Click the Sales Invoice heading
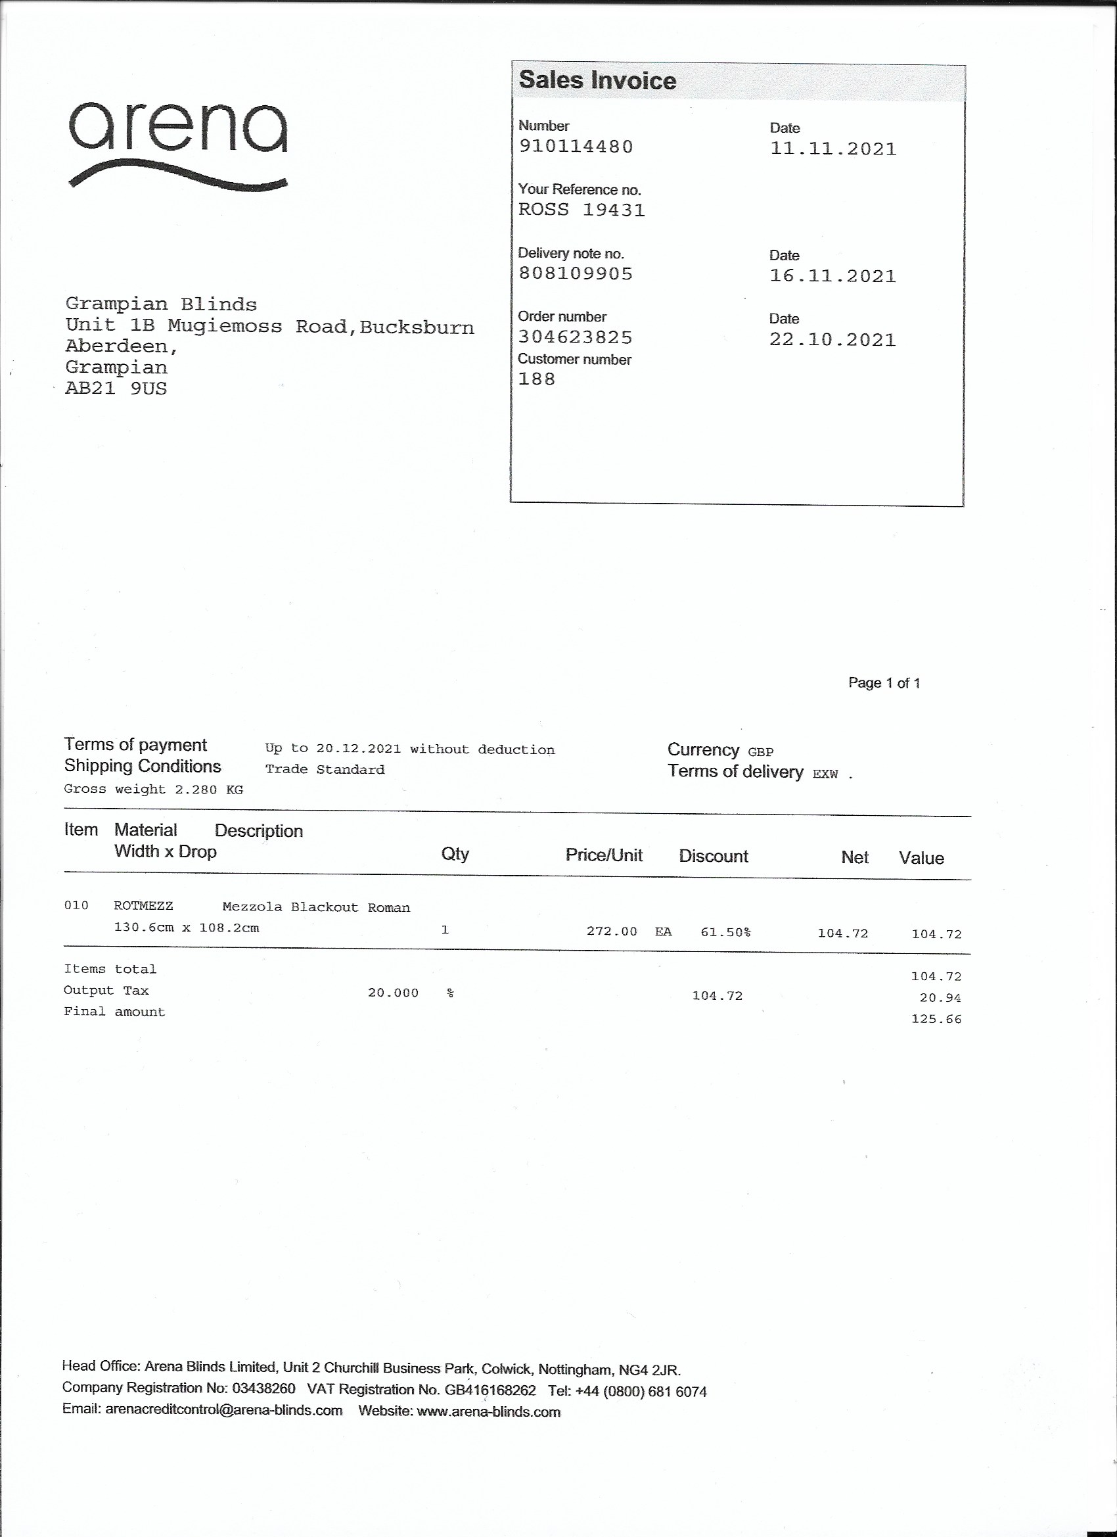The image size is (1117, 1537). [x=597, y=81]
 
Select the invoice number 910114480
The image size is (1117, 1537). [x=576, y=147]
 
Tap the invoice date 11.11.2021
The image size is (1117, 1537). [x=832, y=149]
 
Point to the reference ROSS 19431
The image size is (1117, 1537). [x=581, y=210]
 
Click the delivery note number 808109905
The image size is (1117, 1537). [x=575, y=273]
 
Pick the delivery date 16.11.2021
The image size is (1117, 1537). [x=832, y=277]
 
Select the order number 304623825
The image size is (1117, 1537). [x=575, y=337]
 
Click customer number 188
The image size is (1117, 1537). [x=536, y=379]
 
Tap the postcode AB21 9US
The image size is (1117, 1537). [x=116, y=389]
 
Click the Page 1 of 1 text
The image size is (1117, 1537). [x=884, y=683]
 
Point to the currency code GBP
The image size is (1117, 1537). [x=760, y=752]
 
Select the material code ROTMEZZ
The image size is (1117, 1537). [x=144, y=906]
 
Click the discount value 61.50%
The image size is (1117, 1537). [x=725, y=932]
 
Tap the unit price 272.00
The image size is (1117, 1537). [x=612, y=931]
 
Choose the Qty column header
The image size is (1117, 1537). [x=455, y=854]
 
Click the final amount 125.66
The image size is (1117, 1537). [x=936, y=1019]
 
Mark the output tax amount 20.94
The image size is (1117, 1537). [x=940, y=997]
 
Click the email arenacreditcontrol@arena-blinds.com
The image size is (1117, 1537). [x=223, y=1410]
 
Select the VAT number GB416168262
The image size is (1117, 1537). [x=490, y=1390]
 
